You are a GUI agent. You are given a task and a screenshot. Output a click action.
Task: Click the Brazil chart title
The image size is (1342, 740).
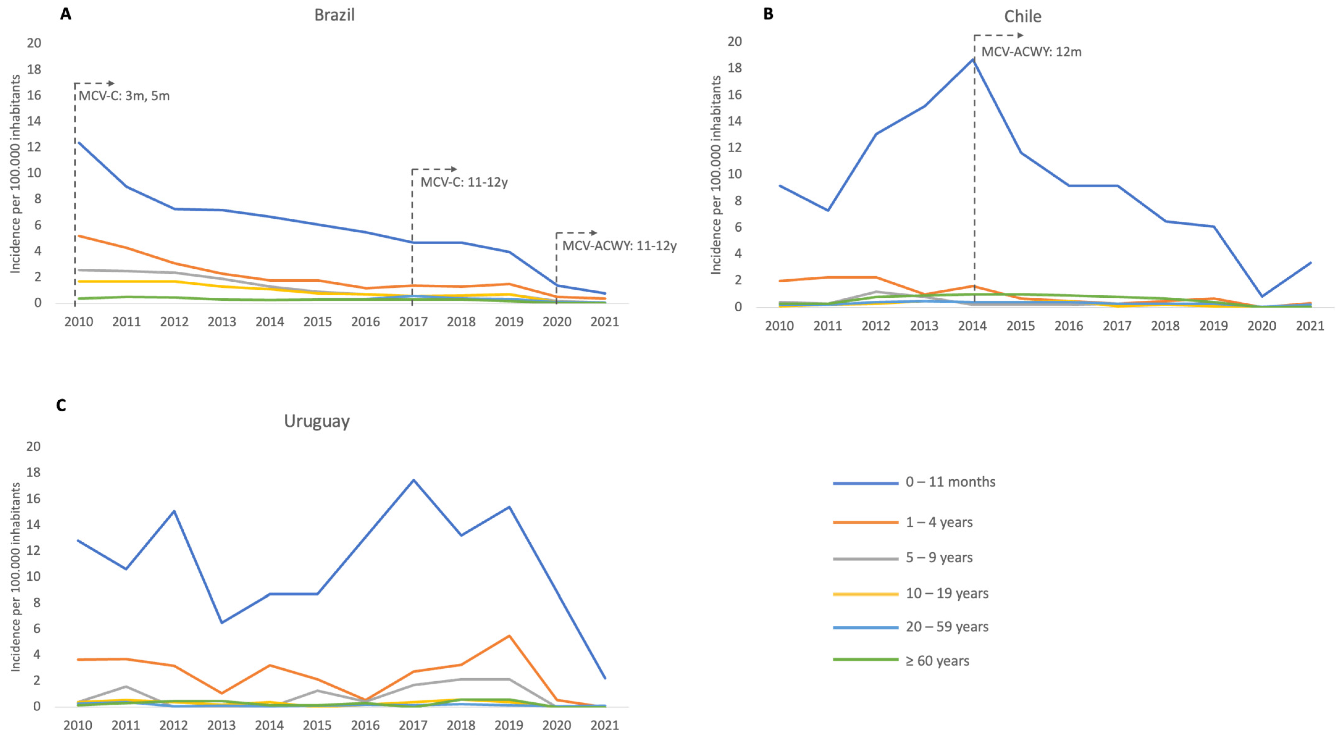(334, 15)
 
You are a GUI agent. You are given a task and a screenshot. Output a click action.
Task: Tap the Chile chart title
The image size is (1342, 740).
(1023, 17)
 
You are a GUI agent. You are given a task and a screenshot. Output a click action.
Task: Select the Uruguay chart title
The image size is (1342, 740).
(317, 421)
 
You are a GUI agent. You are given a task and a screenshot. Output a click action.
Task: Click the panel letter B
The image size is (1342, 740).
(768, 14)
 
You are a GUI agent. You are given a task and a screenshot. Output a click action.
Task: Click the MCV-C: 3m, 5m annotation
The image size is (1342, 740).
(124, 96)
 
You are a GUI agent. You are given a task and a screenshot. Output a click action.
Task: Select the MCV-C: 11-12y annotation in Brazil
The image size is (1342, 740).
(464, 183)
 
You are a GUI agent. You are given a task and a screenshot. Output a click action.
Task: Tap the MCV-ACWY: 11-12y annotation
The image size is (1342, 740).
(619, 246)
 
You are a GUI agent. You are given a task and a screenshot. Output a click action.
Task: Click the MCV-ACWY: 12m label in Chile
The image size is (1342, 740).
(1031, 52)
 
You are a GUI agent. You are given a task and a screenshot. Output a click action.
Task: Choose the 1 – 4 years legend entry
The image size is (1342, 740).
(939, 522)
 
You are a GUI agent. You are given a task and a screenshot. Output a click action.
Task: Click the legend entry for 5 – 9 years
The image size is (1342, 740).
(939, 557)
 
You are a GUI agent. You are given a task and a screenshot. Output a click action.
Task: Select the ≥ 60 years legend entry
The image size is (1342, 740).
(937, 661)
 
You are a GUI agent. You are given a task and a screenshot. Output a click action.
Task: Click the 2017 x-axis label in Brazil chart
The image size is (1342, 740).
(413, 322)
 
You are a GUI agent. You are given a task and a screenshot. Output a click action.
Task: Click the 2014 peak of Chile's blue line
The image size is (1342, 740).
(973, 59)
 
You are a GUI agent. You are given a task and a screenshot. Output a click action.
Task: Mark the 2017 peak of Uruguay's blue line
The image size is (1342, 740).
(413, 480)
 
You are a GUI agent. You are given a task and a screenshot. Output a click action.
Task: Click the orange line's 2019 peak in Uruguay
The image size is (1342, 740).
(509, 636)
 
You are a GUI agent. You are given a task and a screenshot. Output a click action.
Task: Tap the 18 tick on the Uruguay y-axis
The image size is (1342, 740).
(33, 473)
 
